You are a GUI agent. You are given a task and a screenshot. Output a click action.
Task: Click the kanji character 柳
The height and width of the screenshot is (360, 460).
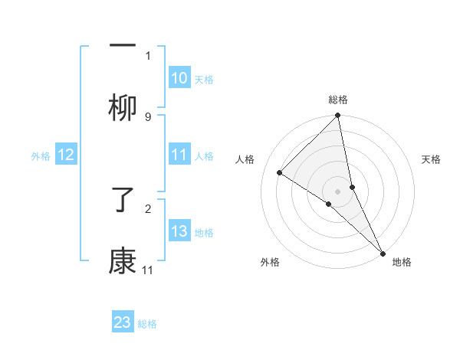[x=123, y=109]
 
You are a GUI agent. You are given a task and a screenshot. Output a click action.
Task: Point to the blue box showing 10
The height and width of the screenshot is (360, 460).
[x=179, y=78]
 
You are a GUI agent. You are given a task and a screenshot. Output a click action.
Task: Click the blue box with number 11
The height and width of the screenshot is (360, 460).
[x=179, y=155]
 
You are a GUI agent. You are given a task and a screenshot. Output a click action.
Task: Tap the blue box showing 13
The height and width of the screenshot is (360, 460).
[x=179, y=231]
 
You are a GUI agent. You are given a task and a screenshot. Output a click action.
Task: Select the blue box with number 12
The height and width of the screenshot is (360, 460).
[x=66, y=155]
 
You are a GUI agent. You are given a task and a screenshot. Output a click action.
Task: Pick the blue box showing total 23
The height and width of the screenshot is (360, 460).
[x=123, y=322]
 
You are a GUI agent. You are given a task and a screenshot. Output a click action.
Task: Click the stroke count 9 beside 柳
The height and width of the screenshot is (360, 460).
[x=148, y=116]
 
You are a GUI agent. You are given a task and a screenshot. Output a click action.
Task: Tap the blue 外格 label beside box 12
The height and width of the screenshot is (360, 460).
[x=41, y=155]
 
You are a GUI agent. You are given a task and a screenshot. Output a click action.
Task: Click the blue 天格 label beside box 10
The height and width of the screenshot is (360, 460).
[x=204, y=79]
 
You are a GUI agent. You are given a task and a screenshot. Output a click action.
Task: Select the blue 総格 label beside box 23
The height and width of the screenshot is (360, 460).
[x=147, y=323]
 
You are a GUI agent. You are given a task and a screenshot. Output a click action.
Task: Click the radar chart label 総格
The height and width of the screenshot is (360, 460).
[x=338, y=100]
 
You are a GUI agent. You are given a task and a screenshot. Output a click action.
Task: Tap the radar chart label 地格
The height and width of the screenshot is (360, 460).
[x=402, y=262]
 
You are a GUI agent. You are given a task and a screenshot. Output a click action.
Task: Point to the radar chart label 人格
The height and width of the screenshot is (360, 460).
[x=245, y=159]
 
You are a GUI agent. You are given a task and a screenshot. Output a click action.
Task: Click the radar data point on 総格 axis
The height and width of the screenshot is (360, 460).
[x=338, y=116]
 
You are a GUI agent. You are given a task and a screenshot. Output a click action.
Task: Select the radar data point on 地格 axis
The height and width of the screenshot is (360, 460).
[x=383, y=253]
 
